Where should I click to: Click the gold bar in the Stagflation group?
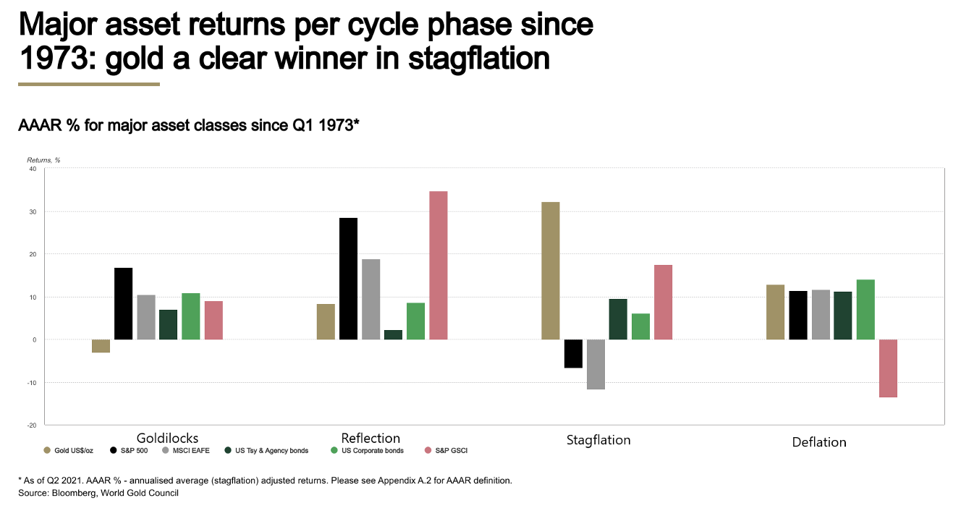[550, 271]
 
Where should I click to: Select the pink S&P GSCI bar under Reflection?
[439, 265]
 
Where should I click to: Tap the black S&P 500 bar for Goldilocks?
[124, 303]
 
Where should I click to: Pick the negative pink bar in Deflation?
[888, 368]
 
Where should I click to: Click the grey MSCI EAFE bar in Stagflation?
[596, 364]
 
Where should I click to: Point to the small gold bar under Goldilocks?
[101, 346]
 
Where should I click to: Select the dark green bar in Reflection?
[394, 334]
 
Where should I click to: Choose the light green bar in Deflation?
[865, 309]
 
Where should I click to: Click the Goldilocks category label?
[167, 438]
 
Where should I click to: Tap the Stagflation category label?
[598, 440]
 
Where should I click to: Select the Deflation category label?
[819, 442]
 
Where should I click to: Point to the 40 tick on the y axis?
[33, 169]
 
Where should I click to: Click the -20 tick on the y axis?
[32, 425]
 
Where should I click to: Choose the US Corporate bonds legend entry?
[368, 450]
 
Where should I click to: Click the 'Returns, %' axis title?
[43, 159]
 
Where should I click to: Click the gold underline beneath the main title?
[88, 85]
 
